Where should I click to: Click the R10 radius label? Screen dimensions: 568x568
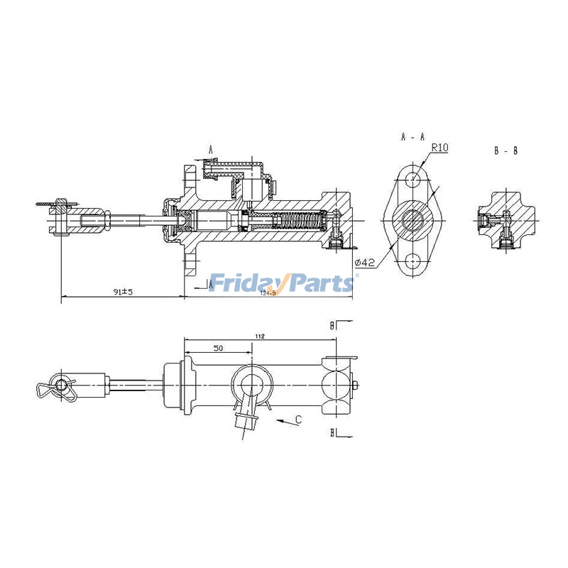tap(439, 148)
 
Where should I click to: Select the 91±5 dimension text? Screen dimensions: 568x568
tap(124, 291)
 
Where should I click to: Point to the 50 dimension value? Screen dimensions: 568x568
tap(218, 348)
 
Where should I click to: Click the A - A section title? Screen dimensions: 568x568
tap(413, 135)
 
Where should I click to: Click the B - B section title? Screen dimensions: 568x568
tap(506, 151)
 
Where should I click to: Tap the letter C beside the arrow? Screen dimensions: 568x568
tap(299, 420)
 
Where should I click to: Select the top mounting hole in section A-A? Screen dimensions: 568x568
tap(413, 178)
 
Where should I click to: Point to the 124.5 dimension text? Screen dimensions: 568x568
tap(268, 293)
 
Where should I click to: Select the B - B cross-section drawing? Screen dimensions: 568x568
tap(506, 222)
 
